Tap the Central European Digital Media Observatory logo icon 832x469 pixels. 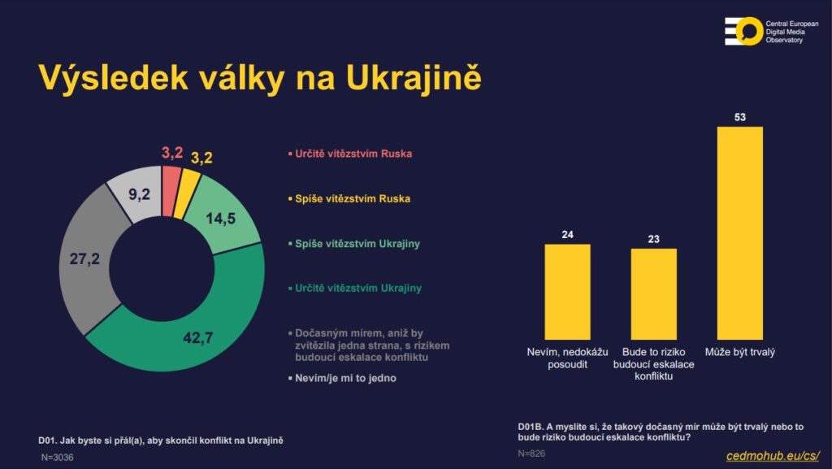coord(743,31)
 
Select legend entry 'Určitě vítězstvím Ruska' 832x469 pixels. coord(349,154)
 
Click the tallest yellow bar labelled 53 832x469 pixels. coord(740,232)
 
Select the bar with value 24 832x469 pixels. coord(567,291)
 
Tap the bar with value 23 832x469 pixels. coord(654,293)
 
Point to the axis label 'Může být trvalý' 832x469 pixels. coord(740,352)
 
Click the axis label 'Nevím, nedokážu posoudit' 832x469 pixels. coord(566,358)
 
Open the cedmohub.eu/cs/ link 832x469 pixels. coord(772,456)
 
